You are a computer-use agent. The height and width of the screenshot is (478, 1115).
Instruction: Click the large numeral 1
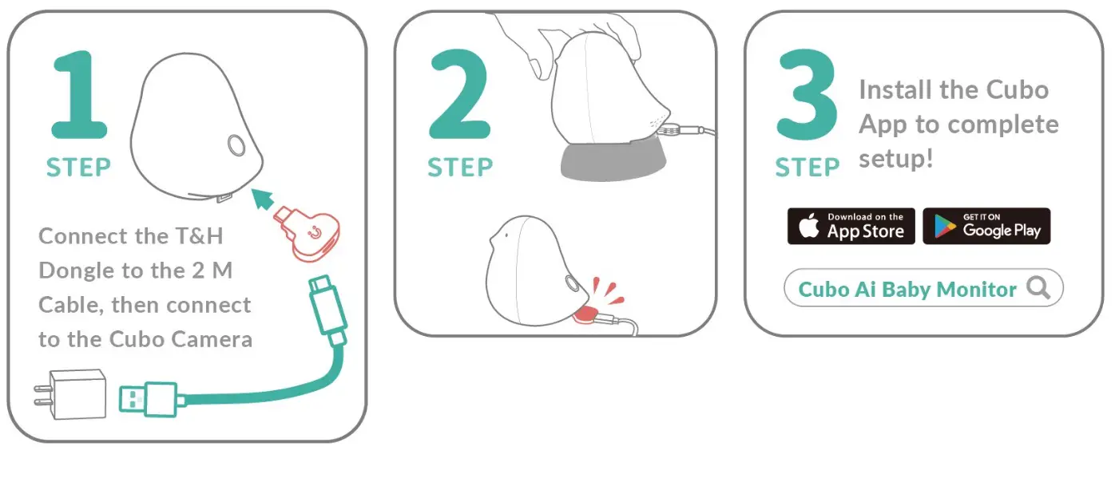pos(81,95)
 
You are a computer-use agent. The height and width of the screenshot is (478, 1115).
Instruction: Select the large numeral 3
pos(807,95)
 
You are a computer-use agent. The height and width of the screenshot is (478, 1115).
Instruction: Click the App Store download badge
pos(851,227)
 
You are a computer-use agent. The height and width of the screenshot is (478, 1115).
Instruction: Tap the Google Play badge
pos(986,227)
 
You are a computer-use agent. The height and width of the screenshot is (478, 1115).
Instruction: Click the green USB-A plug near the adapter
pos(149,397)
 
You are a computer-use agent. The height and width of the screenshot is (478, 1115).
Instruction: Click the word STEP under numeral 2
pos(460,168)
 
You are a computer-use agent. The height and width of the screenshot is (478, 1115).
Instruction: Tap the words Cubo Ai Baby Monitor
pos(907,289)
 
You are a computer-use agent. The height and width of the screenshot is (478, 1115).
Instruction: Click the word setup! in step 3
pos(895,159)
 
